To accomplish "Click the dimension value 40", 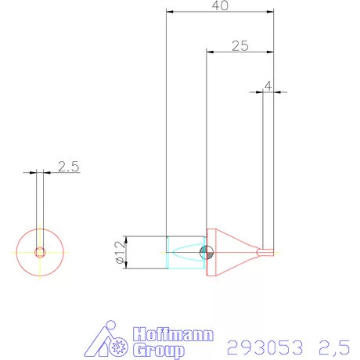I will click(x=220, y=5).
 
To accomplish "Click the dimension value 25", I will click(x=239, y=45).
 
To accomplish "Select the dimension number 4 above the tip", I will click(x=268, y=85).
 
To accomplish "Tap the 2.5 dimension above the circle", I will click(x=68, y=167).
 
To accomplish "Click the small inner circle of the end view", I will click(x=40, y=252).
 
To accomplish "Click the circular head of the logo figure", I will click(x=110, y=326).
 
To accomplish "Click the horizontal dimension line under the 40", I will click(x=220, y=13).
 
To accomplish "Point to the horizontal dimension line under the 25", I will click(x=239, y=52).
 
